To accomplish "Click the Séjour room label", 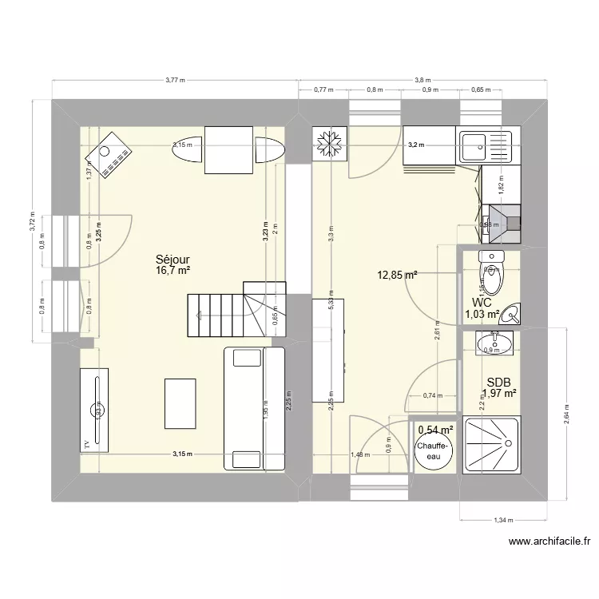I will pyautogui.click(x=172, y=260).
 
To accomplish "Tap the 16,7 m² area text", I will pyautogui.click(x=173, y=271).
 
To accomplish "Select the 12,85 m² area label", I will pyautogui.click(x=398, y=276).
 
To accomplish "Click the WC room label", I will pyautogui.click(x=482, y=303).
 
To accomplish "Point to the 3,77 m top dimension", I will pyautogui.click(x=174, y=80).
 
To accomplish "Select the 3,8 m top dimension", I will pyautogui.click(x=422, y=80).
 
